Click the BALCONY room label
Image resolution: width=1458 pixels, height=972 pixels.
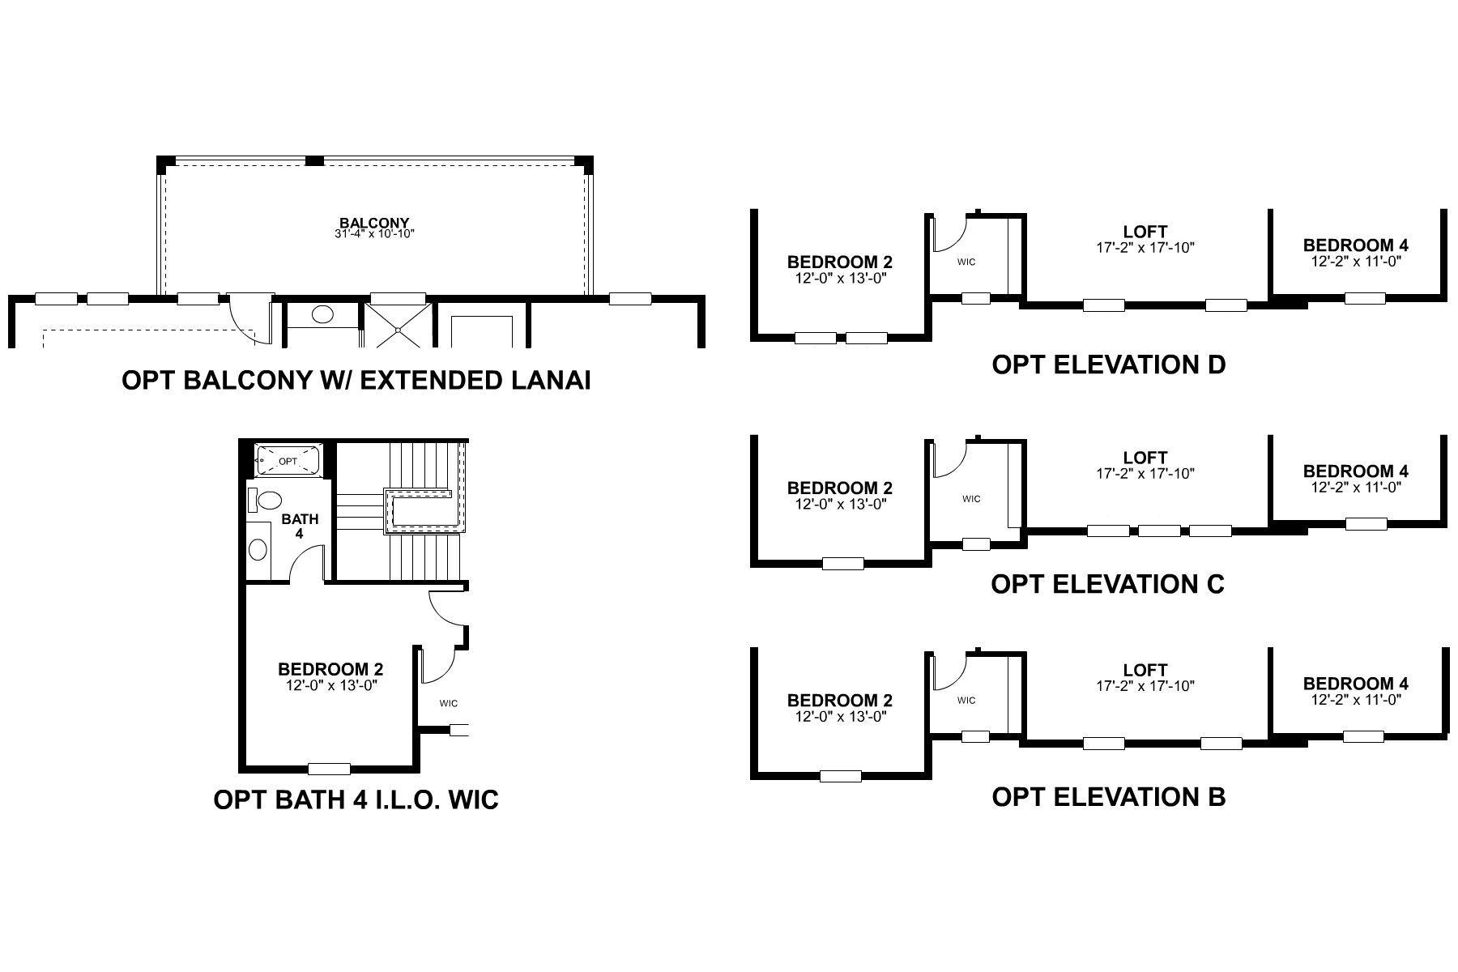pyautogui.click(x=373, y=223)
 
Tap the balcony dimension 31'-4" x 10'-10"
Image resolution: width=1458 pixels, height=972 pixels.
pyautogui.click(x=373, y=235)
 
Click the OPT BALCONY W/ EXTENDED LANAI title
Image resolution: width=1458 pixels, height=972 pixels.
pyautogui.click(x=355, y=380)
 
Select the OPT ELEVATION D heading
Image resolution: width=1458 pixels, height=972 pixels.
pyautogui.click(x=1108, y=364)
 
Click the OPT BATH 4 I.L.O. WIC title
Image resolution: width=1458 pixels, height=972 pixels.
pyautogui.click(x=356, y=799)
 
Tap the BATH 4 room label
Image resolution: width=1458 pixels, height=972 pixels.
pyautogui.click(x=300, y=526)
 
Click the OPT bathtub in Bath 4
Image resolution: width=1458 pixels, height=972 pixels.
pyautogui.click(x=288, y=461)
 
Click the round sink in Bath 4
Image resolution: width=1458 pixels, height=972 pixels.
pyautogui.click(x=258, y=550)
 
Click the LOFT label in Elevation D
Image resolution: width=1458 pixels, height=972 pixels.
pyautogui.click(x=1145, y=232)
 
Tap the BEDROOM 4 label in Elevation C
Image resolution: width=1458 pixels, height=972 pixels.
pyautogui.click(x=1355, y=471)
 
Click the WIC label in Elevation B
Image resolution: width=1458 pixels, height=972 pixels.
pyautogui.click(x=966, y=700)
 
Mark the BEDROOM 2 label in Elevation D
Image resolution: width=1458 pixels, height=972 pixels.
pyautogui.click(x=839, y=262)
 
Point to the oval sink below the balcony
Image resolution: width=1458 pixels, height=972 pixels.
pyautogui.click(x=322, y=315)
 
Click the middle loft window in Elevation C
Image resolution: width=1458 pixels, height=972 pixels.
pyautogui.click(x=1159, y=531)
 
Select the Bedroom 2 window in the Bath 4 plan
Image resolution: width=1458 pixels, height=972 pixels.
pyautogui.click(x=330, y=769)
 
